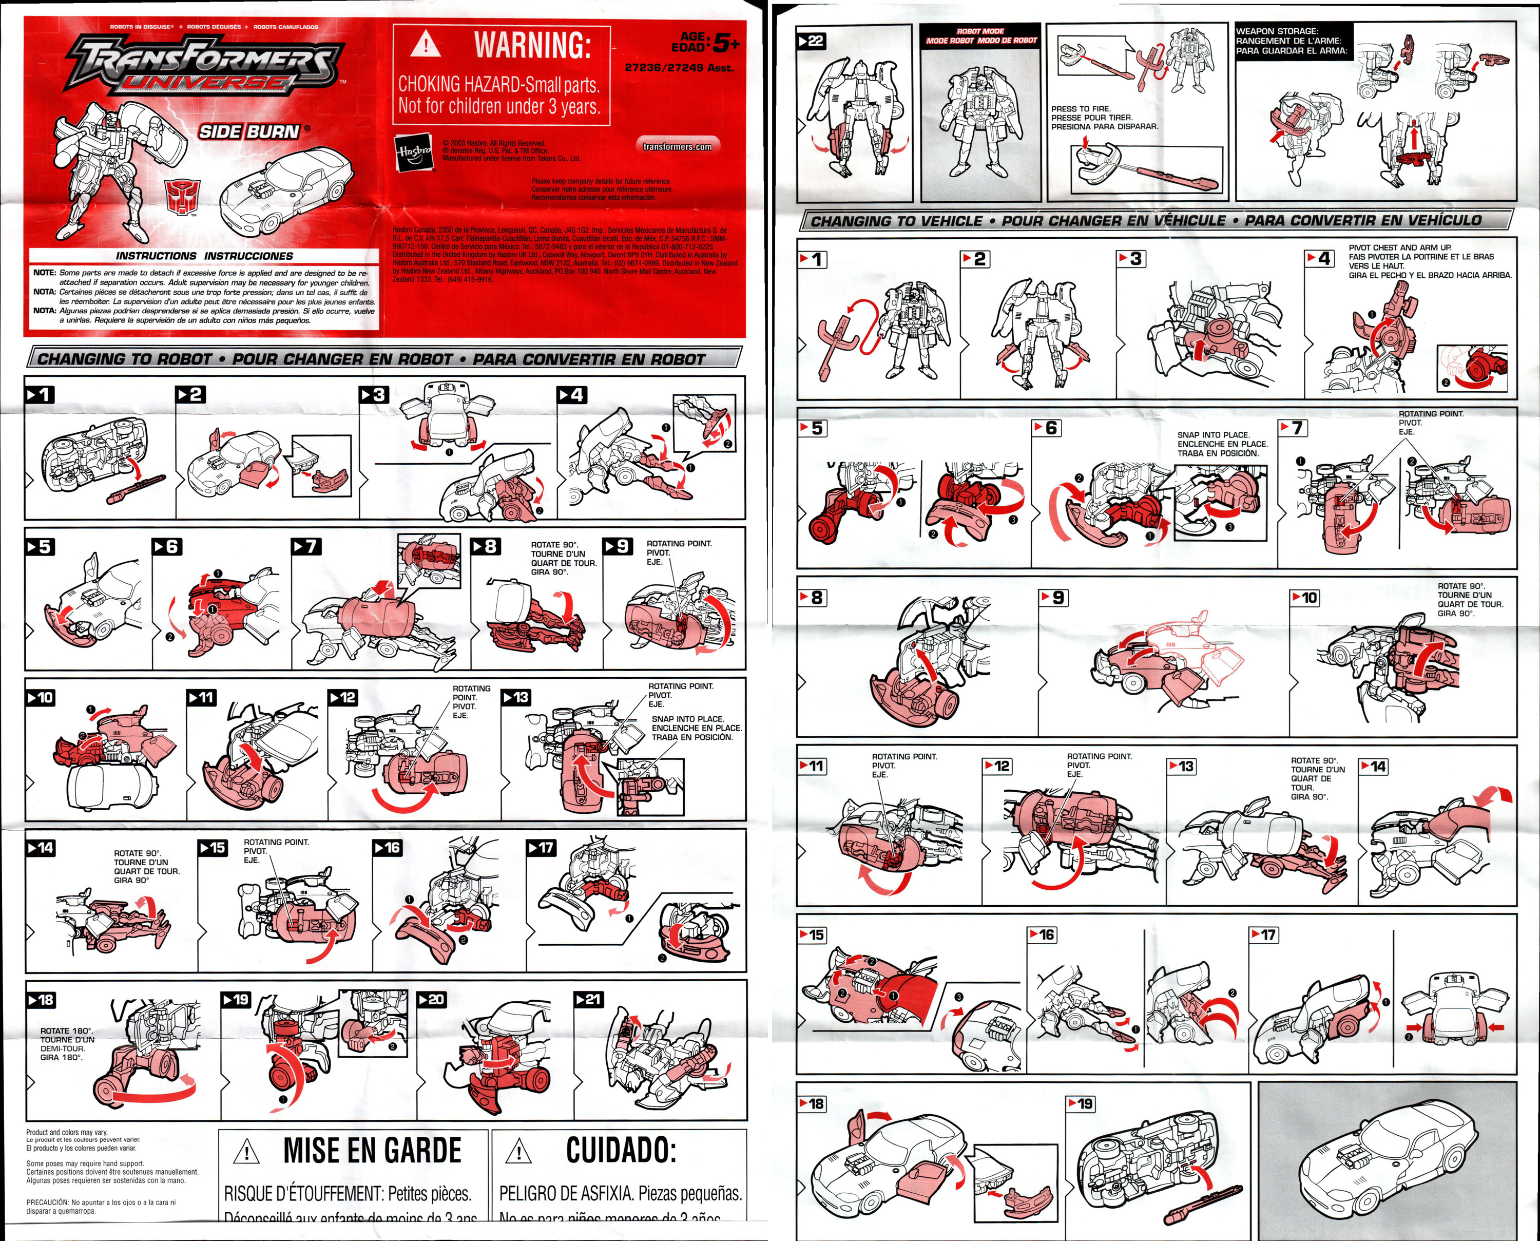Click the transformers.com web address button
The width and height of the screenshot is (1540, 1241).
[677, 146]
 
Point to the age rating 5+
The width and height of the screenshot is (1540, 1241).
[725, 44]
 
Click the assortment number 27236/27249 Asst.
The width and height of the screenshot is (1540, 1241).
[679, 68]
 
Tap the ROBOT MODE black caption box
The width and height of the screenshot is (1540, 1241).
[980, 36]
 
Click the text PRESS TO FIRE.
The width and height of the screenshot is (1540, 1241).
[1081, 109]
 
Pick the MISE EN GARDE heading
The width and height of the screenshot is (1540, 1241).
[372, 1151]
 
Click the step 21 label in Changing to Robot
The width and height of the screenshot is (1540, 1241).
[589, 999]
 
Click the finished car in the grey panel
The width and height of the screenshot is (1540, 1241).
[1387, 1158]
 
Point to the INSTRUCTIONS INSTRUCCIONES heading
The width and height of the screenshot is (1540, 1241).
[204, 256]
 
